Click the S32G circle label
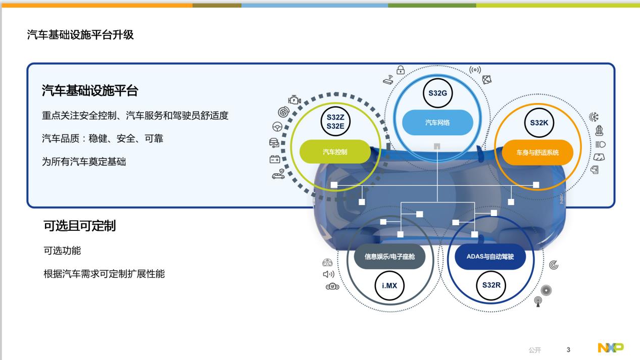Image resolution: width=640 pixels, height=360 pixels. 437,93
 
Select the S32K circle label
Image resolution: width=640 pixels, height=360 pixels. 539,123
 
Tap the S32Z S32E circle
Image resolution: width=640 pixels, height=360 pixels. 335,121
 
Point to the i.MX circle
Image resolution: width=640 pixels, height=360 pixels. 389,285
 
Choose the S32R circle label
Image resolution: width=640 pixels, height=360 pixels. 491,285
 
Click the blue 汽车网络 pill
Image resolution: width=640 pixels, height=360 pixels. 437,123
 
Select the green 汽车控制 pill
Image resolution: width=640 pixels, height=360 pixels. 335,151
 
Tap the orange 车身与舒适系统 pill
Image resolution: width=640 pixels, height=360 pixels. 537,152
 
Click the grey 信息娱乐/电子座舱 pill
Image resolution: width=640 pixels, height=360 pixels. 389,256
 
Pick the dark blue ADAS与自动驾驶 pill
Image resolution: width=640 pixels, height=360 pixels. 490,256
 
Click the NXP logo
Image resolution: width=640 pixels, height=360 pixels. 611,348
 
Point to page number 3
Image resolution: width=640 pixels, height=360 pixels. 568,350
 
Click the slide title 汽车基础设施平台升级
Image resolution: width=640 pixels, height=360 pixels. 80,35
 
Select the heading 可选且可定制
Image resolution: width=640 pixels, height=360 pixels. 80,226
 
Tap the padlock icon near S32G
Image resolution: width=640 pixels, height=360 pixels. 401,70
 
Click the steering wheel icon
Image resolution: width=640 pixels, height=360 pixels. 277,127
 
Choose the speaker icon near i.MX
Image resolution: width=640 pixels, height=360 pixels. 328,274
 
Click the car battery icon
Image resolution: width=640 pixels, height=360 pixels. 275,160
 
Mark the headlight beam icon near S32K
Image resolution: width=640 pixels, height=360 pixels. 600,144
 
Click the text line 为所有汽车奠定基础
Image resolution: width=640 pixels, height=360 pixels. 84,162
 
